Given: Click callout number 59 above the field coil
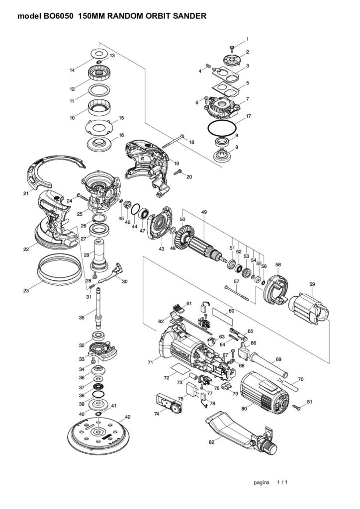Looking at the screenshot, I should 312,284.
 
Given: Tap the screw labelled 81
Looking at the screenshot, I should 297,407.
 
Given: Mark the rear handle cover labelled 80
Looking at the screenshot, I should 264,391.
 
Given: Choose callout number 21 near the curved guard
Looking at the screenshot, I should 25,193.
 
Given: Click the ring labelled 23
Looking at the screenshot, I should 59,270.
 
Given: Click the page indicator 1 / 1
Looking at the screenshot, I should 282,482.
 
